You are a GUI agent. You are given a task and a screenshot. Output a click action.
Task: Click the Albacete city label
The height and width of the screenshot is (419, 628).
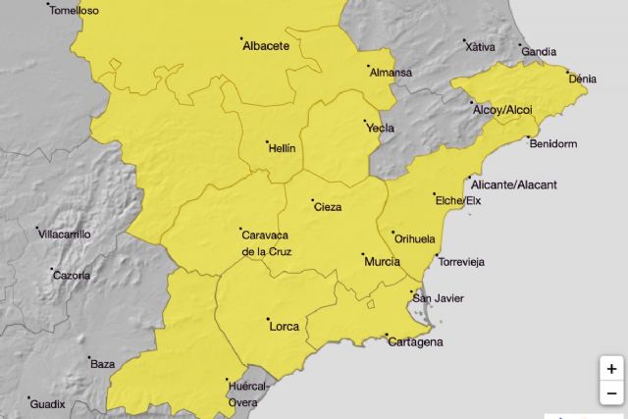(265, 45)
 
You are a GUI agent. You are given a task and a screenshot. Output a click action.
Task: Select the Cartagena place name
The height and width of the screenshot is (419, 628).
(415, 342)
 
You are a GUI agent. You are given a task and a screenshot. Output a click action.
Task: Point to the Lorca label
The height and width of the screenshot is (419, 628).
(284, 325)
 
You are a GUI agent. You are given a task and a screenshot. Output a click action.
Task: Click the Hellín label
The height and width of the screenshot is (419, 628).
(282, 148)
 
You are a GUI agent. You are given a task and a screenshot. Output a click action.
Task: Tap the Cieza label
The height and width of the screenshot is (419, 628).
(327, 207)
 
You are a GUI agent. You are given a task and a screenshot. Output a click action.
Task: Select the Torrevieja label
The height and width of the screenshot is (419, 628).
(461, 262)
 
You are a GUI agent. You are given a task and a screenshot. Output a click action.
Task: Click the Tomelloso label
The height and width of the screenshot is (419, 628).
(74, 10)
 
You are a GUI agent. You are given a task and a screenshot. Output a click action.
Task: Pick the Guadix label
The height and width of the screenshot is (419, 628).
(47, 403)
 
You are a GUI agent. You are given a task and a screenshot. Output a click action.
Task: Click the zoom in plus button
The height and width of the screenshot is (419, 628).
(611, 369)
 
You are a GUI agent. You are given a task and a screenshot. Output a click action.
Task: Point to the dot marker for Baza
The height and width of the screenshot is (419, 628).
(89, 358)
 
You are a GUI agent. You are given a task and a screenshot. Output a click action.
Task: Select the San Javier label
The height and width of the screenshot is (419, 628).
(438, 298)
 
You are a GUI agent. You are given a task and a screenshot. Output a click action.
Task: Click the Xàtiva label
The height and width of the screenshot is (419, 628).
(481, 46)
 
